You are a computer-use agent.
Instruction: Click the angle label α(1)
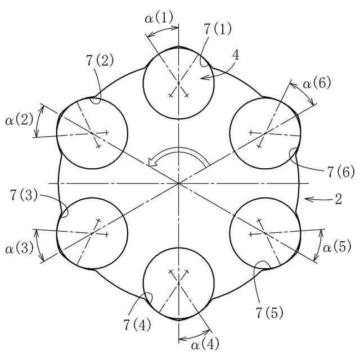click(x=159, y=18)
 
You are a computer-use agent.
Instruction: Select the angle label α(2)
click(x=19, y=120)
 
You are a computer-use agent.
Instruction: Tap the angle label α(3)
click(x=19, y=247)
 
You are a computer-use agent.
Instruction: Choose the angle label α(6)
click(x=317, y=84)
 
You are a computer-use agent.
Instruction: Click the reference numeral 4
click(x=236, y=55)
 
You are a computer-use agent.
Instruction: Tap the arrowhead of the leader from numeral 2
click(x=305, y=199)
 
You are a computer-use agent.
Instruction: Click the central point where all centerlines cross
click(x=178, y=183)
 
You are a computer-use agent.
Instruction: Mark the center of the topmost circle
click(x=178, y=83)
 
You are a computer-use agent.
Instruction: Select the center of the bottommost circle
click(x=178, y=283)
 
